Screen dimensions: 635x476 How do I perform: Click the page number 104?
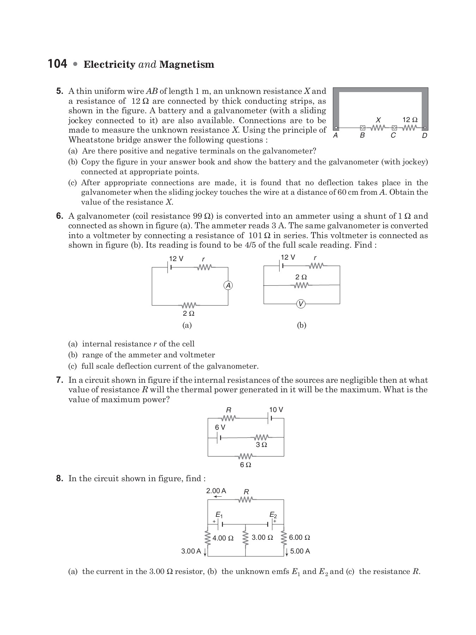pyautogui.click(x=57, y=64)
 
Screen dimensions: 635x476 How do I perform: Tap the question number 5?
pyautogui.click(x=60, y=91)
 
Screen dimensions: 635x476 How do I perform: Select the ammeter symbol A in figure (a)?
pyautogui.click(x=228, y=286)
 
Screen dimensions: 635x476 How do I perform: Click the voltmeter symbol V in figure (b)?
pyautogui.click(x=301, y=304)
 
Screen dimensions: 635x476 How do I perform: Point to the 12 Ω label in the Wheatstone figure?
pyautogui.click(x=410, y=120)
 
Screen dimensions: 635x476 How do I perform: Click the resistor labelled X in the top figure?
pyautogui.click(x=378, y=127)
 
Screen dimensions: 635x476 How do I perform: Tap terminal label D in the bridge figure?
pyautogui.click(x=425, y=135)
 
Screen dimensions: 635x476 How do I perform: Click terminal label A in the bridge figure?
pyautogui.click(x=336, y=135)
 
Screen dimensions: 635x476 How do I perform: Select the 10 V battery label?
pyautogui.click(x=276, y=410)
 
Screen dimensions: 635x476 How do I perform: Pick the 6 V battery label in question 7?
pyautogui.click(x=220, y=427)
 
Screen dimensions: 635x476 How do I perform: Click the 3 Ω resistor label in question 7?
pyautogui.click(x=261, y=445)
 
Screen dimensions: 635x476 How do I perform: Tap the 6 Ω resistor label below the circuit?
pyautogui.click(x=245, y=465)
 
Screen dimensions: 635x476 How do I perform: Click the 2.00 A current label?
pyautogui.click(x=216, y=491)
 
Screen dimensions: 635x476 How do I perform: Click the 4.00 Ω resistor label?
pyautogui.click(x=223, y=538)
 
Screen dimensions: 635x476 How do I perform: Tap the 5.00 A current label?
pyautogui.click(x=300, y=551)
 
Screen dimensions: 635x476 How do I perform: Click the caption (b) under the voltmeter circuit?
pyautogui.click(x=301, y=325)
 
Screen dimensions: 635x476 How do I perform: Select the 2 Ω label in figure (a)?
pyautogui.click(x=189, y=313)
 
